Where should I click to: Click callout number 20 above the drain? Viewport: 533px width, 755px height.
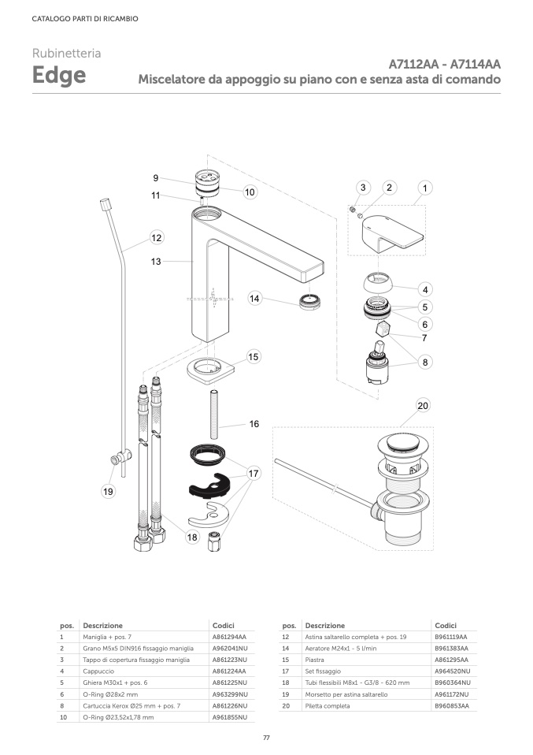click(x=423, y=406)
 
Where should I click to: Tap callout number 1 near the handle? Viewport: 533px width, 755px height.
click(x=425, y=188)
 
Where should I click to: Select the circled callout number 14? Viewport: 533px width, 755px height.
click(x=255, y=299)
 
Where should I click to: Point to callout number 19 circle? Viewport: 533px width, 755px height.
click(x=109, y=492)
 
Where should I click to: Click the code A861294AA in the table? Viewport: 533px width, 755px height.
click(x=229, y=636)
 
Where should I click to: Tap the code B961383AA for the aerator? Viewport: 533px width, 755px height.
click(x=451, y=648)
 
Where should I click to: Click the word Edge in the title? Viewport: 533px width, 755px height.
click(x=59, y=76)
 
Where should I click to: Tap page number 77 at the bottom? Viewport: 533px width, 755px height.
click(x=266, y=737)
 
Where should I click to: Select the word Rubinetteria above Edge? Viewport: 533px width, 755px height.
click(x=66, y=54)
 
